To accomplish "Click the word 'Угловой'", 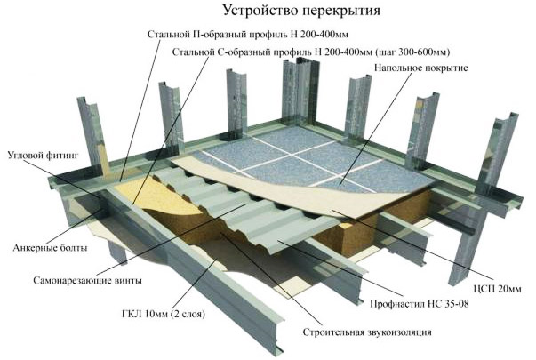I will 26,155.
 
